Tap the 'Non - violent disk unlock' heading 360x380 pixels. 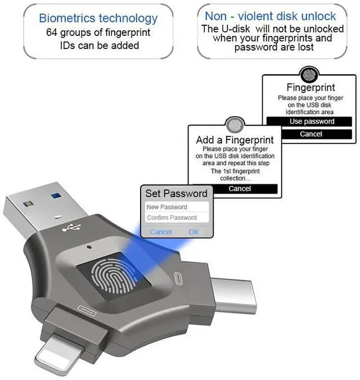click(270, 16)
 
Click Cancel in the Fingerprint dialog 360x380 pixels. click(310, 134)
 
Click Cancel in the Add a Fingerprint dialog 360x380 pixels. click(240, 189)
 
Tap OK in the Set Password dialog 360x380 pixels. click(193, 232)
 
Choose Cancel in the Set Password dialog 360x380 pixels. click(161, 232)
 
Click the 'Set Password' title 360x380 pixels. click(176, 193)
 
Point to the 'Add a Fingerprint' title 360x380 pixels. click(235, 139)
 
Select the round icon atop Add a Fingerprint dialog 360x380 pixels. click(235, 125)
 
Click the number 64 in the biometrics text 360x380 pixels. click(52, 32)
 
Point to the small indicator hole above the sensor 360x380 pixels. click(90, 247)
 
